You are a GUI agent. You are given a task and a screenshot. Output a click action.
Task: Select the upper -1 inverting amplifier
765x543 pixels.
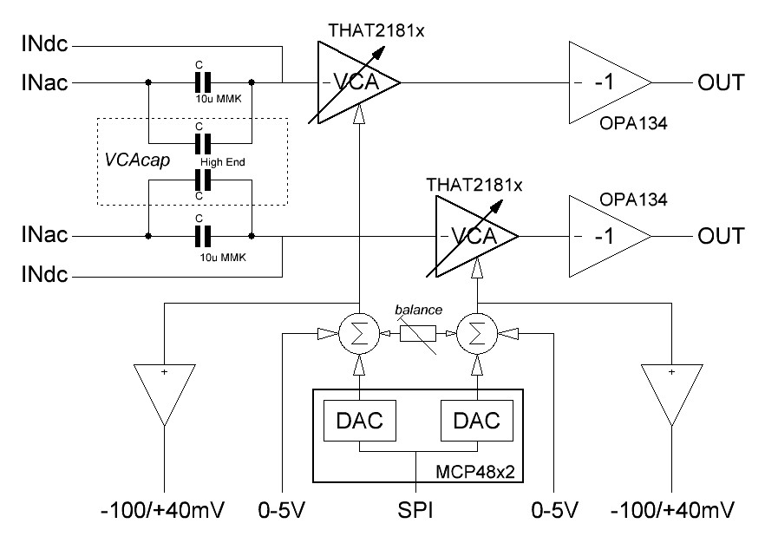pyautogui.click(x=605, y=82)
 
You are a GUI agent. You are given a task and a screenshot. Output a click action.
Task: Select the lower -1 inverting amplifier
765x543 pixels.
pyautogui.click(x=605, y=235)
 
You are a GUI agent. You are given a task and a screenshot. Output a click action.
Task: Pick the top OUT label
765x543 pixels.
pyautogui.click(x=719, y=83)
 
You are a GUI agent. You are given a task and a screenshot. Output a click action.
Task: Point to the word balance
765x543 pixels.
pyautogui.click(x=417, y=310)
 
